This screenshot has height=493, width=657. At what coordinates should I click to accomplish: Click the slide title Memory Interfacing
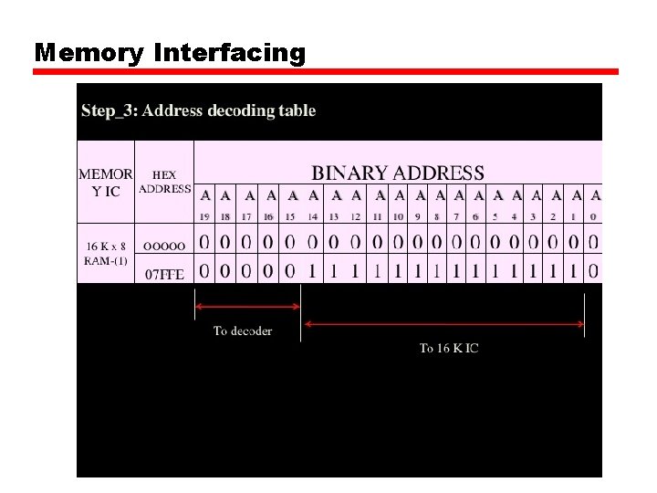(x=170, y=53)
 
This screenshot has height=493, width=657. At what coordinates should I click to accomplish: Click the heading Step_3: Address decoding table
(x=198, y=110)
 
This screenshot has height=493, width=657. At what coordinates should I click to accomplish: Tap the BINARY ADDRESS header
(x=398, y=173)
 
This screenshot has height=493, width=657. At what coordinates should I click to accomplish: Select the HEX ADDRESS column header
(x=164, y=182)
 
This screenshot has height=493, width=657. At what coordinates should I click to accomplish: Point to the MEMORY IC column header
(x=106, y=182)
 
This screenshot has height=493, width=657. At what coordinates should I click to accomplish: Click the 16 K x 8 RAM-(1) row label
(x=106, y=253)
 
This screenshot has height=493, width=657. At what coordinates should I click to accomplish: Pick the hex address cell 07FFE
(x=165, y=272)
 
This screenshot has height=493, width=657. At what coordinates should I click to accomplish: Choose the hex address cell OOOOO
(x=165, y=245)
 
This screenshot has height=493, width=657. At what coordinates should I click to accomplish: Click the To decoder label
(x=243, y=330)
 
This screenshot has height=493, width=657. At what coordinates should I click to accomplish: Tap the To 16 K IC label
(x=449, y=348)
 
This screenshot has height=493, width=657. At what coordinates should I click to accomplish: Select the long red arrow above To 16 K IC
(x=443, y=323)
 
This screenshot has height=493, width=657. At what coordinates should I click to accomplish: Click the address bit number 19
(x=204, y=216)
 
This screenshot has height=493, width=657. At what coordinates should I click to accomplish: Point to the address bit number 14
(x=313, y=216)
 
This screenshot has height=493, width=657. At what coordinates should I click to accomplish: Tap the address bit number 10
(x=399, y=216)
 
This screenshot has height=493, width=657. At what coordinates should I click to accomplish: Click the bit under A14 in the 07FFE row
(x=313, y=271)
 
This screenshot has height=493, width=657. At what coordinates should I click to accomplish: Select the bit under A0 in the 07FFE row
(x=594, y=271)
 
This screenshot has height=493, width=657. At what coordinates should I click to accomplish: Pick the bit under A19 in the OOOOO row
(x=204, y=243)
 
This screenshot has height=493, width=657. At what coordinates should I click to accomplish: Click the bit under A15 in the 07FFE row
(x=291, y=271)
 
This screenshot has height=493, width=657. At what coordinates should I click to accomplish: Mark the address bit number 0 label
(x=594, y=216)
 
